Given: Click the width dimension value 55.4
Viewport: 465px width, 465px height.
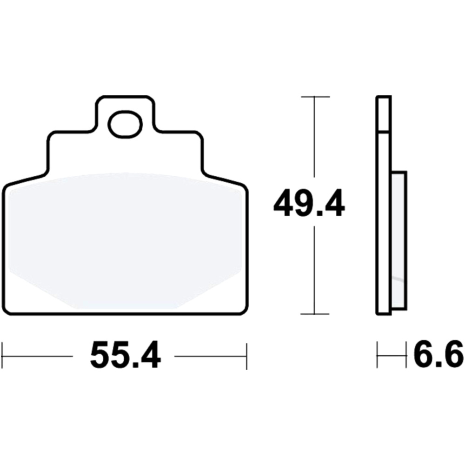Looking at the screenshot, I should click(x=125, y=356).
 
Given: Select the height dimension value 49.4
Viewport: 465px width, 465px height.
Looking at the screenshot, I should click(x=309, y=203).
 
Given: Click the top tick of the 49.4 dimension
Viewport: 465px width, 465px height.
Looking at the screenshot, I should click(x=315, y=97).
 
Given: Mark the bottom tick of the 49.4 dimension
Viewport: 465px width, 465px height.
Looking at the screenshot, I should click(x=315, y=314).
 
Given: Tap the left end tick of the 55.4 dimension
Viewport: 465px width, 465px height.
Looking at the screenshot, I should click(x=3, y=356).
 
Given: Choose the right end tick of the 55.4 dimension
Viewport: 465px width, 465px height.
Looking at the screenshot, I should click(x=246, y=356).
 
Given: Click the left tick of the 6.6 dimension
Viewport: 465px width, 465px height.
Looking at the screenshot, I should click(x=378, y=355).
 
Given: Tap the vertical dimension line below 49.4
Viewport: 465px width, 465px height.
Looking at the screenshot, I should click(x=315, y=270).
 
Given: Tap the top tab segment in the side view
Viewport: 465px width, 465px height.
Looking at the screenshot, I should click(x=384, y=114).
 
